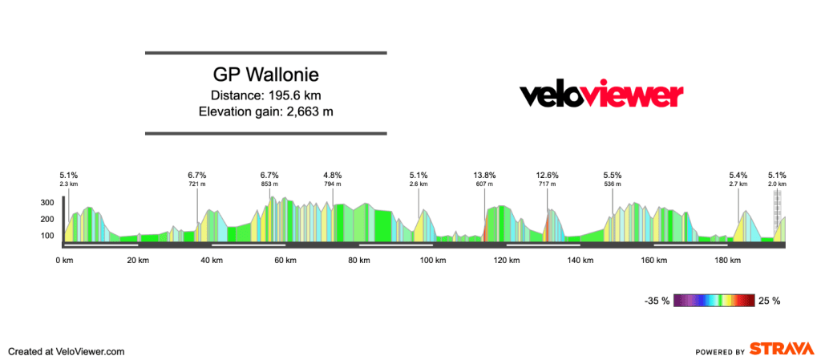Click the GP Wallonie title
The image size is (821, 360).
tap(266, 75)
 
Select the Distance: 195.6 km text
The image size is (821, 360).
tap(266, 95)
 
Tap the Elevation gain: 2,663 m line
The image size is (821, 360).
tap(266, 111)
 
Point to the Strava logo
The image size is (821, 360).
tap(783, 349)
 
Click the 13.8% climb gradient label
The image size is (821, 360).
tap(484, 176)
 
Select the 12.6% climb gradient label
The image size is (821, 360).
tap(547, 176)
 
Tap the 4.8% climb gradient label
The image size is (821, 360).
tap(333, 176)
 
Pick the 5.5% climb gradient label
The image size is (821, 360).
tap(612, 176)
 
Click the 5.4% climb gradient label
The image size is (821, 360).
tap(738, 176)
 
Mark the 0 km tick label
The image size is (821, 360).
tap(64, 260)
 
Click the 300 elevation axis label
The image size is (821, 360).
tap(47, 203)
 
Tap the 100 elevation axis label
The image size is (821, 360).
tap(47, 236)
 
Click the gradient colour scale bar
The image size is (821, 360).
tap(714, 301)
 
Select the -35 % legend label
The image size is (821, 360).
tap(657, 301)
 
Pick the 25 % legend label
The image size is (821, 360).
tap(769, 301)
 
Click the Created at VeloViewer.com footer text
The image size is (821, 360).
tap(67, 352)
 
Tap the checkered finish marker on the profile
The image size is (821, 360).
tap(778, 212)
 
